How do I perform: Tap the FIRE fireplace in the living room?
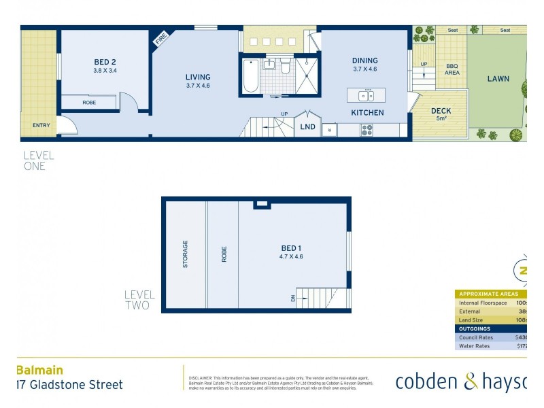(161, 39)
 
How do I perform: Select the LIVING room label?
(198, 77)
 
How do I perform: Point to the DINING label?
(364, 61)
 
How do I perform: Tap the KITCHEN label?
(367, 113)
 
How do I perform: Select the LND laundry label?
(307, 126)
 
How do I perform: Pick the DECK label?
(441, 111)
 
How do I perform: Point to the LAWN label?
(498, 79)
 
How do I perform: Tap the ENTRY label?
(41, 125)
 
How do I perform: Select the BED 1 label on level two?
(291, 248)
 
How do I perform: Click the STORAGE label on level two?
(185, 254)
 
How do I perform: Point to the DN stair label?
(293, 297)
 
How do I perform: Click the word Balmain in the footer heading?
(39, 371)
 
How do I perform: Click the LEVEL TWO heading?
(139, 301)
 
